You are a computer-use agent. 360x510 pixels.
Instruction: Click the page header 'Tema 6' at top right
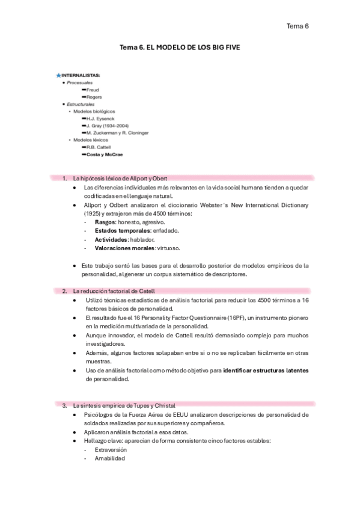click(297, 26)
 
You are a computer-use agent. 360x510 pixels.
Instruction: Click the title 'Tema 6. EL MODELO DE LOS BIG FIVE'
click(180, 46)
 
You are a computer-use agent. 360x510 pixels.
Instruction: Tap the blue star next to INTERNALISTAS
click(58, 75)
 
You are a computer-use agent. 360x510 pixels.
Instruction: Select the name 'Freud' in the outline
click(93, 90)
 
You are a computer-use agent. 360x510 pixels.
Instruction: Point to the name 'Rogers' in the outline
click(94, 97)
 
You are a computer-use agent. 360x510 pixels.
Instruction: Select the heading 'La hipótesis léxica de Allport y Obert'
click(120, 179)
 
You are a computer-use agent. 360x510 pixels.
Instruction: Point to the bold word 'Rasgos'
click(106, 222)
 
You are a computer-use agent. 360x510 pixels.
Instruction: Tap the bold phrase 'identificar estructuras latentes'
click(266, 370)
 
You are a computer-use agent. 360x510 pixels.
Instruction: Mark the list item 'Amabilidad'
click(109, 458)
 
